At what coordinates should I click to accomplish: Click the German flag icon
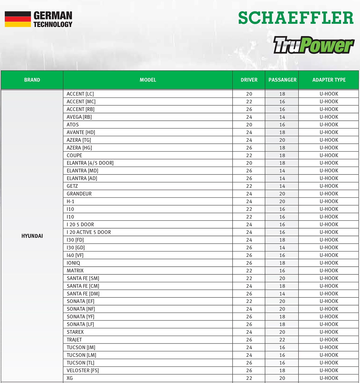tap(18, 19)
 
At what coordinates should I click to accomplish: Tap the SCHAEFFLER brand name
tap(295, 18)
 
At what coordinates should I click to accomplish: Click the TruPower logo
tap(313, 45)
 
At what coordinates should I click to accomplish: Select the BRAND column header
tap(32, 80)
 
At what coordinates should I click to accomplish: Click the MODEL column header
tap(148, 80)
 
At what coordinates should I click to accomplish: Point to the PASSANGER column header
tap(282, 80)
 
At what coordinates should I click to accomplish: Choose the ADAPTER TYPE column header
tap(329, 80)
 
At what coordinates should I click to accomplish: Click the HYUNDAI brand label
tap(32, 236)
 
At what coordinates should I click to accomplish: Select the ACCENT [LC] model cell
tap(80, 94)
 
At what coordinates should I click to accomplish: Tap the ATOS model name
tap(73, 125)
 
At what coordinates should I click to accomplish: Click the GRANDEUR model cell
tap(79, 194)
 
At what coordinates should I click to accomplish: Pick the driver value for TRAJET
tap(249, 340)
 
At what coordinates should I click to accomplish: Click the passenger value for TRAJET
tap(282, 340)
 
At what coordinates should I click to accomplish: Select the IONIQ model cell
tap(73, 263)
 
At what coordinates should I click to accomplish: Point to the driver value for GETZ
tap(249, 186)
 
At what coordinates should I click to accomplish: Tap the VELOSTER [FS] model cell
tap(83, 371)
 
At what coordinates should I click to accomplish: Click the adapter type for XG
tap(329, 378)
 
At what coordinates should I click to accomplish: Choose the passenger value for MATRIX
tap(282, 271)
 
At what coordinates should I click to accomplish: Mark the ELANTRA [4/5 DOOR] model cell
tap(90, 163)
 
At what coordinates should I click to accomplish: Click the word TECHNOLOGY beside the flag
tap(53, 24)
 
